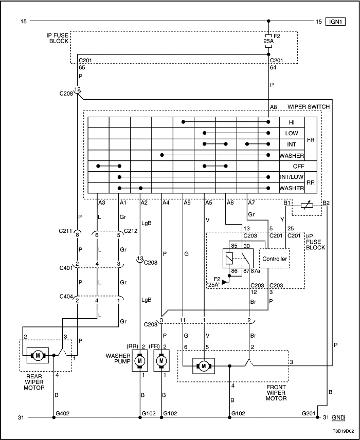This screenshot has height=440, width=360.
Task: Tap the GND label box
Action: pyautogui.click(x=338, y=417)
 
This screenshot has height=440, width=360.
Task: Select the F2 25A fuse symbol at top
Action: pyautogui.click(x=268, y=40)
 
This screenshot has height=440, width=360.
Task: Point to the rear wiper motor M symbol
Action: pyautogui.click(x=38, y=355)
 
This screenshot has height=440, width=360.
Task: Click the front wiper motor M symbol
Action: pyautogui.click(x=204, y=366)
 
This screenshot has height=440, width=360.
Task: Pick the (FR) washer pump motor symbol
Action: pyautogui.click(x=161, y=361)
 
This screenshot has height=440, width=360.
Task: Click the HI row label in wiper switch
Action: pyautogui.click(x=292, y=122)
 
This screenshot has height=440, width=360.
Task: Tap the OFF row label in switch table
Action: pyautogui.click(x=292, y=166)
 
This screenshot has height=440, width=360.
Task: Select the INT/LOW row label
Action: pyautogui.click(x=292, y=177)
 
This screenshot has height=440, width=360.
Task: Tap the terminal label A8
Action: pyautogui.click(x=274, y=106)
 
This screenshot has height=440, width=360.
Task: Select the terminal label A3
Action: pyautogui.click(x=102, y=203)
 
